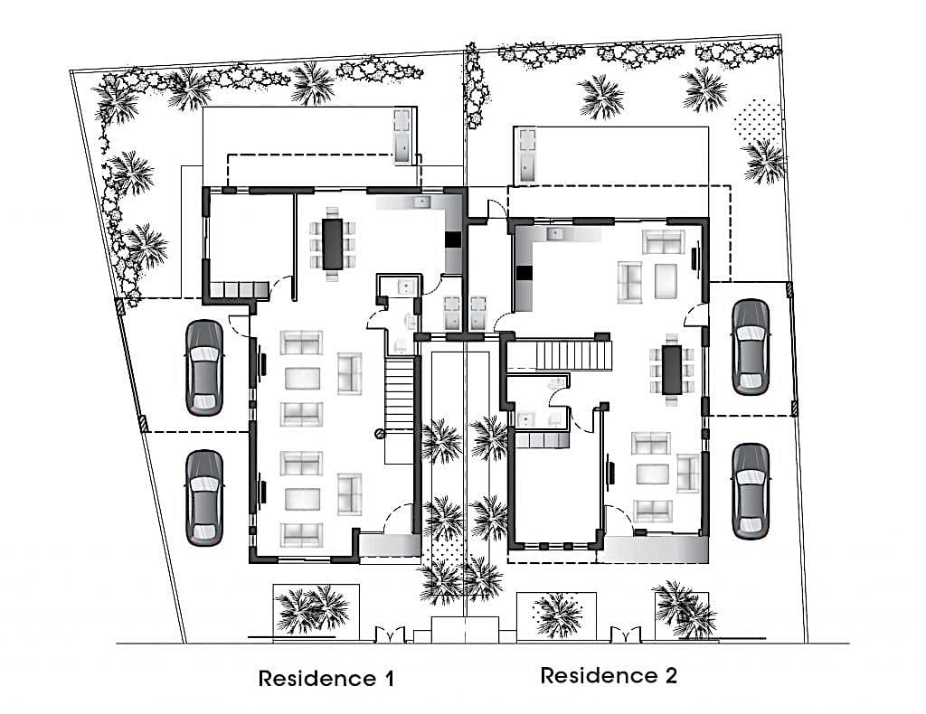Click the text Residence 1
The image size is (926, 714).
tap(326, 678)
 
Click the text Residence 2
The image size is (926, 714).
tap(609, 675)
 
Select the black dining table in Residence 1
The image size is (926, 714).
tap(333, 244)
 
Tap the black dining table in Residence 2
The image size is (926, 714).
tap(672, 370)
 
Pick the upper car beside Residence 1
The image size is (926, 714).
tap(204, 368)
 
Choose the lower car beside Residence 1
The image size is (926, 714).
tap(204, 497)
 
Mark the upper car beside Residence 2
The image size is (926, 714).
tap(751, 347)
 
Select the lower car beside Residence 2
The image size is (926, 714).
tap(751, 491)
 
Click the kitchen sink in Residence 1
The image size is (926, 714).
tap(422, 202)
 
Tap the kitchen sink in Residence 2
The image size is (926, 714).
tap(555, 234)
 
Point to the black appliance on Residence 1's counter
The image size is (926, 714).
tap(453, 240)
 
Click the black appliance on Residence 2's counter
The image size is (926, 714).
tap(524, 274)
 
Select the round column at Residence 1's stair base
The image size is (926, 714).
tap(379, 434)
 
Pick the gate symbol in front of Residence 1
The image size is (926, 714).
tap(390, 635)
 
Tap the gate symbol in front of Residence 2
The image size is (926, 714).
tap(626, 635)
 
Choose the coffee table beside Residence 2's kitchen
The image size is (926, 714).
tap(666, 281)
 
